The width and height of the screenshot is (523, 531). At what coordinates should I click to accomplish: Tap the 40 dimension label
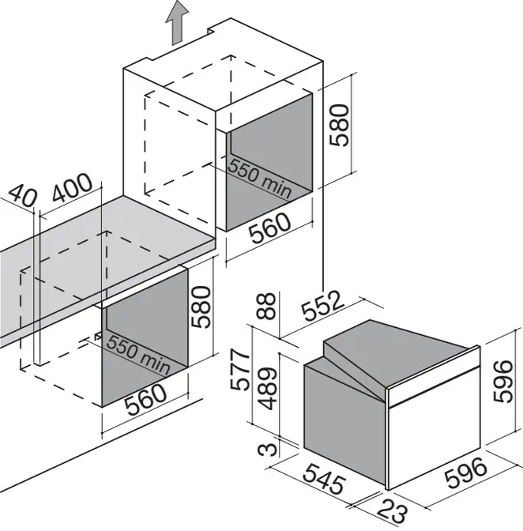[x=22, y=195]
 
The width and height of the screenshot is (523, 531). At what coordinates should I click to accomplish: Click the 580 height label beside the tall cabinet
[x=339, y=126]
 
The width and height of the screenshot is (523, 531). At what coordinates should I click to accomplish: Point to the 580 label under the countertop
[x=201, y=307]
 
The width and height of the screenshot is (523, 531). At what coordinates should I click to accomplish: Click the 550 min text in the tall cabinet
[x=260, y=179]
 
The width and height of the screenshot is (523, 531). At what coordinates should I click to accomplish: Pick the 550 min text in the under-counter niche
[x=138, y=355]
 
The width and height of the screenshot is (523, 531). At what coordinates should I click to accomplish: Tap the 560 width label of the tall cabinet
[x=269, y=228]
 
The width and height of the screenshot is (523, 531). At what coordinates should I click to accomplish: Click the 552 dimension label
[x=322, y=306]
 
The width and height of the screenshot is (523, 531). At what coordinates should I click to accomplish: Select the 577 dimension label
[x=240, y=370]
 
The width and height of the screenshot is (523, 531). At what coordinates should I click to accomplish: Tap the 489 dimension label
[x=267, y=388]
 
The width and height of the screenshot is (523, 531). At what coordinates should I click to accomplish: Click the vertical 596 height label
[x=502, y=381]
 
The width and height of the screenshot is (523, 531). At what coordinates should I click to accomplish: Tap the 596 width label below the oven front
[x=466, y=473]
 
